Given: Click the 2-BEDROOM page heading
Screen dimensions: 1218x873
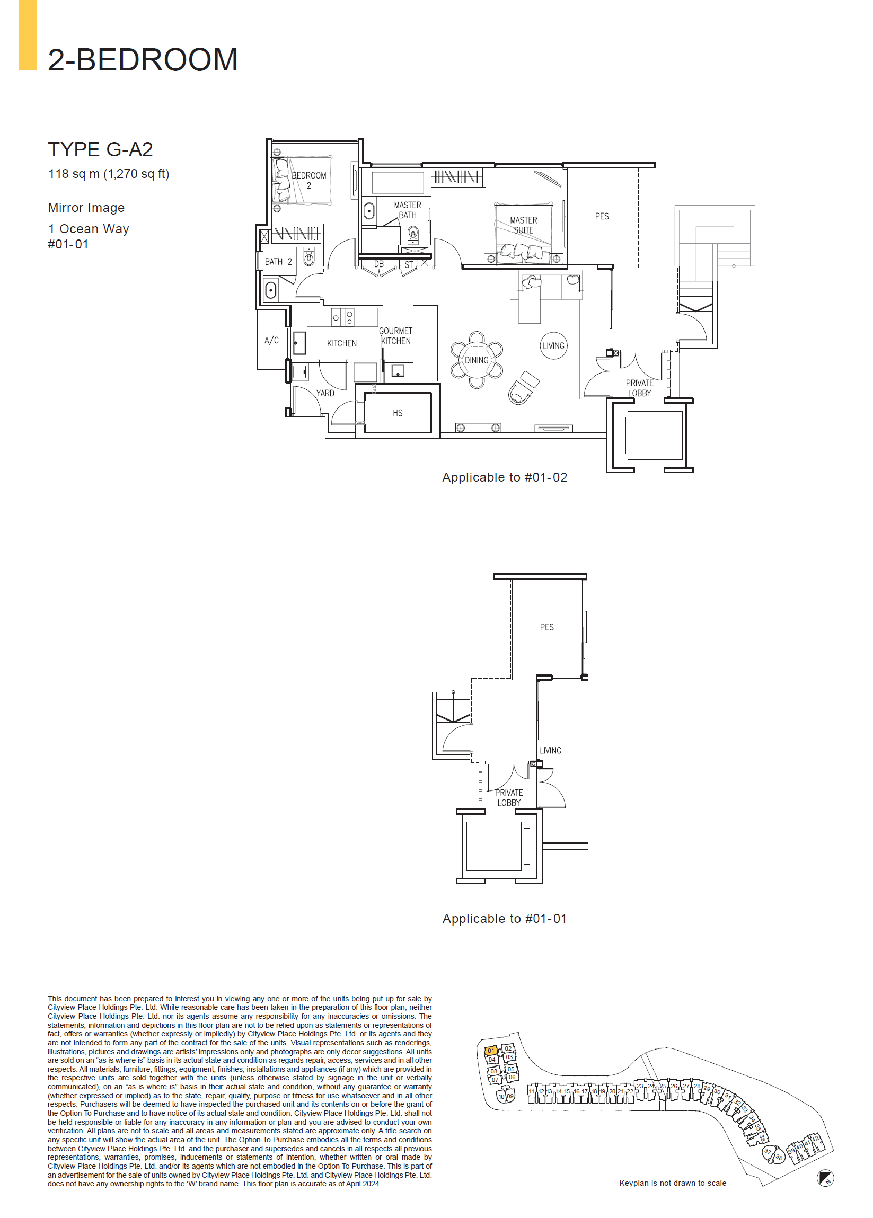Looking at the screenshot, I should click(143, 60).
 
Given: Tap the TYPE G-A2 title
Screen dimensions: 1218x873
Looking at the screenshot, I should click(101, 149).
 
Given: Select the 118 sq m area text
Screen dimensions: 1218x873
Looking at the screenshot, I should click(109, 174).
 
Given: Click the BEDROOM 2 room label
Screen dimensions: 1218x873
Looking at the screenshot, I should click(309, 181).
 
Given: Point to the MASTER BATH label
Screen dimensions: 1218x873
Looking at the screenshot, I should click(407, 210).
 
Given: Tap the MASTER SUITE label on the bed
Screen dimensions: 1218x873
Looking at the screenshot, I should click(523, 225).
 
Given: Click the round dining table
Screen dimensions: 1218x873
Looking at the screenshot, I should click(477, 360).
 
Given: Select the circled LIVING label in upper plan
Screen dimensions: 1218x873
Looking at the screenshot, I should click(553, 346).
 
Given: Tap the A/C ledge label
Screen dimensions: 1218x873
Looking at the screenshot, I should click(271, 341).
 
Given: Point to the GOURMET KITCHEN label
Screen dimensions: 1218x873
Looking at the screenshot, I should click(396, 336).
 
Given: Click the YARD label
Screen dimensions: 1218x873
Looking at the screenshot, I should click(325, 393).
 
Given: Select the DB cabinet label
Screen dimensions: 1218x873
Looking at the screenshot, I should click(379, 264).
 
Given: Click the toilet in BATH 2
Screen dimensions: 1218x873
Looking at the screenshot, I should click(309, 259).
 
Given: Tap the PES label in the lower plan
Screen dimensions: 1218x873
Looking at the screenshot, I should click(546, 627).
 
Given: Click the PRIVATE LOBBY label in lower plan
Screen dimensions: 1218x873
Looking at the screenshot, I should click(509, 797).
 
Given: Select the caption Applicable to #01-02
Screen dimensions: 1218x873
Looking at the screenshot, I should click(505, 477).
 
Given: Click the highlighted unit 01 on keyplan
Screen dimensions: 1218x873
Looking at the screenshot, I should click(490, 1051).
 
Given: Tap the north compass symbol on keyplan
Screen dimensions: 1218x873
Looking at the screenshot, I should click(825, 1178).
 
